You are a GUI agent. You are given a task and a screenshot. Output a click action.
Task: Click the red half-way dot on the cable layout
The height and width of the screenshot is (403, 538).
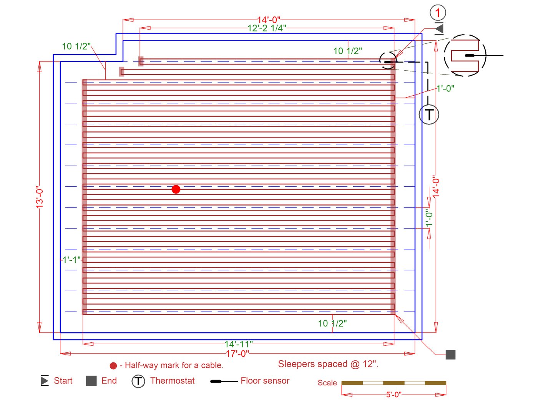(176, 189)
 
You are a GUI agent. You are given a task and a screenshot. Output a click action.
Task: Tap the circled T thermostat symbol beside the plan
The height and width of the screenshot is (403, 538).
(429, 114)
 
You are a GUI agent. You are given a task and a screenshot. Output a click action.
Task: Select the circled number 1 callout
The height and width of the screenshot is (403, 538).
(438, 13)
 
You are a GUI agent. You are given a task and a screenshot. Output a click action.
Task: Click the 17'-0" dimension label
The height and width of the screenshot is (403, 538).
(237, 354)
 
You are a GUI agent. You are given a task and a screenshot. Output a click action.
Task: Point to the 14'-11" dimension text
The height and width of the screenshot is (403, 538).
(239, 344)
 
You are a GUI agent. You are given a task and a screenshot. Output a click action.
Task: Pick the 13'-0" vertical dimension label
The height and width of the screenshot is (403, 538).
(40, 199)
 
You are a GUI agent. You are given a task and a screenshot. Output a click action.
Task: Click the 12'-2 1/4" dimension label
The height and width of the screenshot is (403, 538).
(267, 28)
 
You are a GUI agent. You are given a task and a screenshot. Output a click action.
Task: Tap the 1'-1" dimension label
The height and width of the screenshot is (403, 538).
(71, 260)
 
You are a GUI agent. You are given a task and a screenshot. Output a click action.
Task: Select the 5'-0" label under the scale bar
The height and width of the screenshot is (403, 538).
(394, 395)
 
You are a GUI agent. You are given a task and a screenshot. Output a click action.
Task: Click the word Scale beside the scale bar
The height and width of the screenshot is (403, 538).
(327, 383)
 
